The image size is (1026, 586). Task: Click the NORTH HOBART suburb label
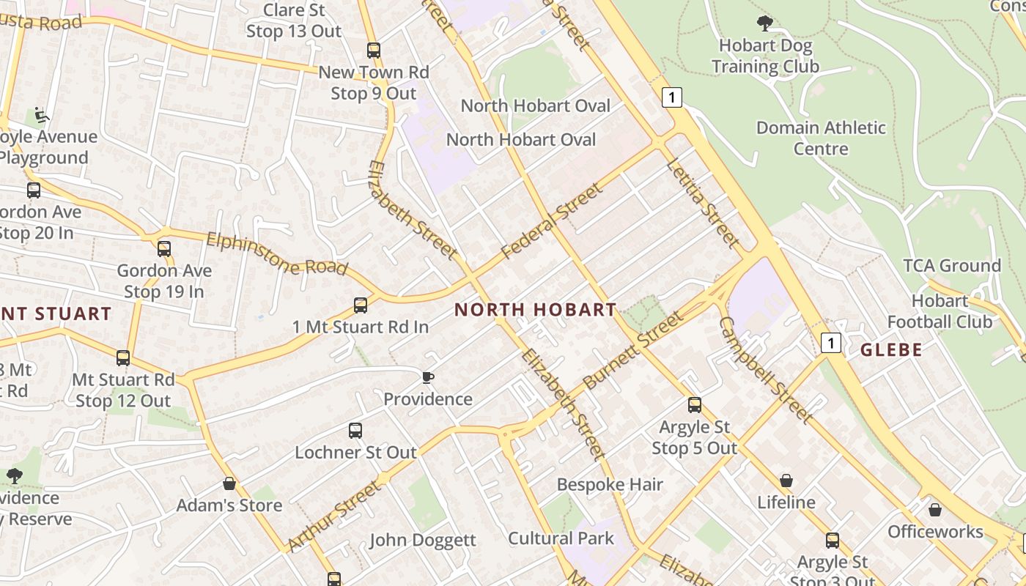pos(535,310)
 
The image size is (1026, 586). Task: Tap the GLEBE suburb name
pos(891,350)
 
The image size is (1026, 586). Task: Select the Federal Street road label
pos(553,221)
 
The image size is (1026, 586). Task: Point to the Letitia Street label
pos(702,202)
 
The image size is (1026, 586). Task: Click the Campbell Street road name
pos(765,370)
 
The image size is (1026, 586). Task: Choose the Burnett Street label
pos(634,350)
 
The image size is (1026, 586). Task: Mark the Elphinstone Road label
pos(277,253)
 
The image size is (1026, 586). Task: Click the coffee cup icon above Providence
pos(428,377)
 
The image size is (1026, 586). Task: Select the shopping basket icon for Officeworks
pos(935,510)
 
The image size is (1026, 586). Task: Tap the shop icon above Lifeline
pos(786,481)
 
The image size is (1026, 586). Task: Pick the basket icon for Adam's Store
pos(229,483)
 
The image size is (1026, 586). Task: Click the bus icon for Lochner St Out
pos(355,431)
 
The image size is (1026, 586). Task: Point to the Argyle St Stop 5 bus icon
pos(694,405)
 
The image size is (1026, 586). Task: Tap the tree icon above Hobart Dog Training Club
pos(765,23)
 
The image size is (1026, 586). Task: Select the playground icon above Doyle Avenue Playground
pos(42,116)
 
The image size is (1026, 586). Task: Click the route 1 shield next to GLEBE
pos(830,342)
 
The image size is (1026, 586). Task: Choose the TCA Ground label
pos(951,266)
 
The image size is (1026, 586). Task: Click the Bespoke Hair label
pos(610,485)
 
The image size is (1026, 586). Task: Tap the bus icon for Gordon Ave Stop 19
pos(164,249)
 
